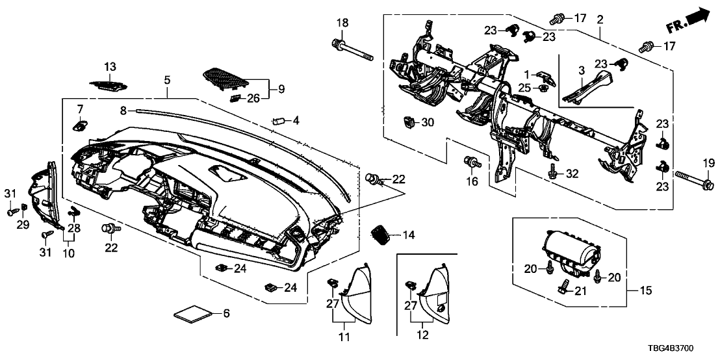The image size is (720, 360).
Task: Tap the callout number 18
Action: [x=342, y=25]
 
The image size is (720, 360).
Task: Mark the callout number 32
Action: [x=572, y=174]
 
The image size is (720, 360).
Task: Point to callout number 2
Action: [x=600, y=19]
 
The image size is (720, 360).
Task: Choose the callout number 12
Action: [x=423, y=337]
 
